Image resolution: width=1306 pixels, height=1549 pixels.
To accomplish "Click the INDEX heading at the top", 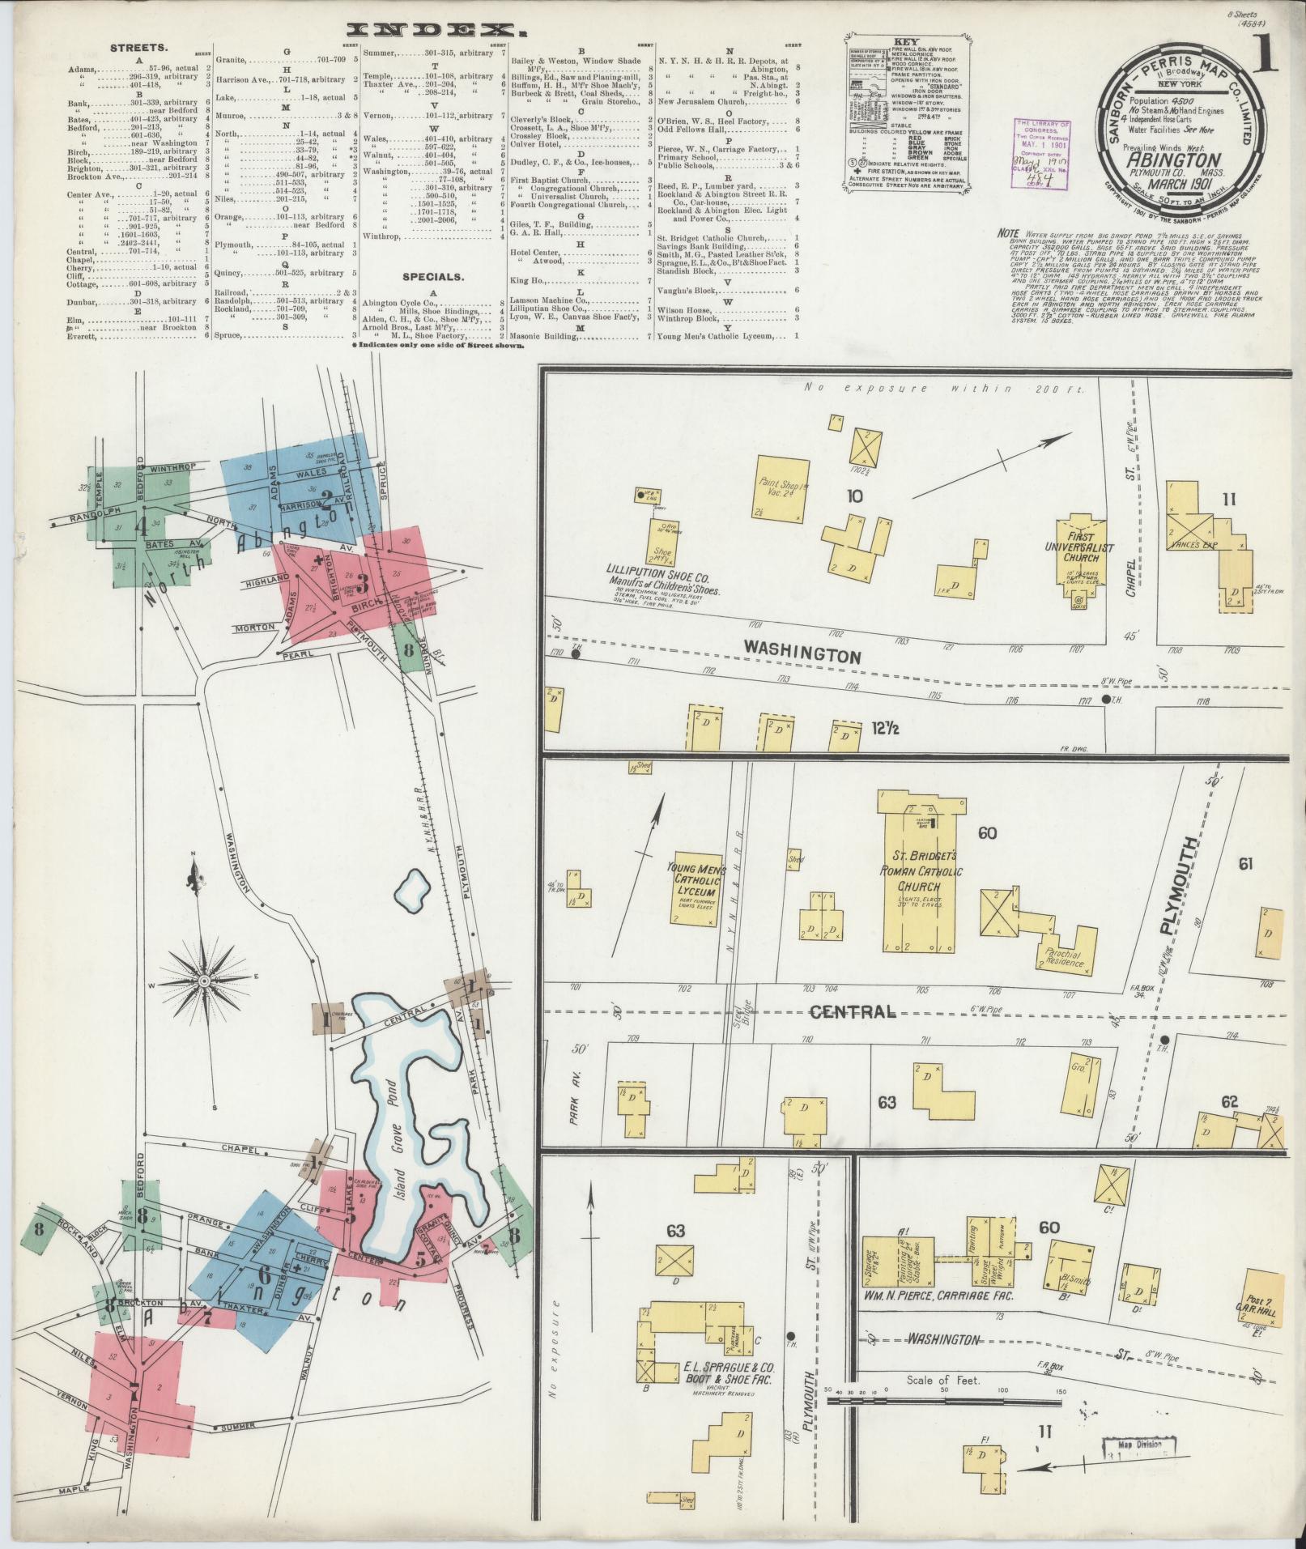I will pyautogui.click(x=437, y=31).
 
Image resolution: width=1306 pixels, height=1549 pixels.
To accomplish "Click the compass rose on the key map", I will pyautogui.click(x=203, y=981).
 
